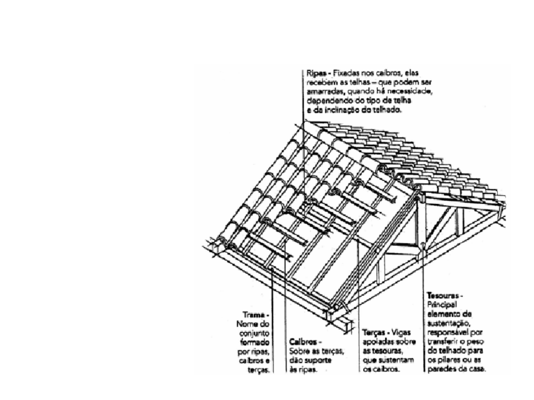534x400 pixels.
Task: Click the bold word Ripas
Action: [314, 73]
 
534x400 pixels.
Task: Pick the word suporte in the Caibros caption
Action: [319, 360]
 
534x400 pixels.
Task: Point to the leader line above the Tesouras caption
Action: [423, 274]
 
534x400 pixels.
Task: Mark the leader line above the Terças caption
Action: [358, 289]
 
